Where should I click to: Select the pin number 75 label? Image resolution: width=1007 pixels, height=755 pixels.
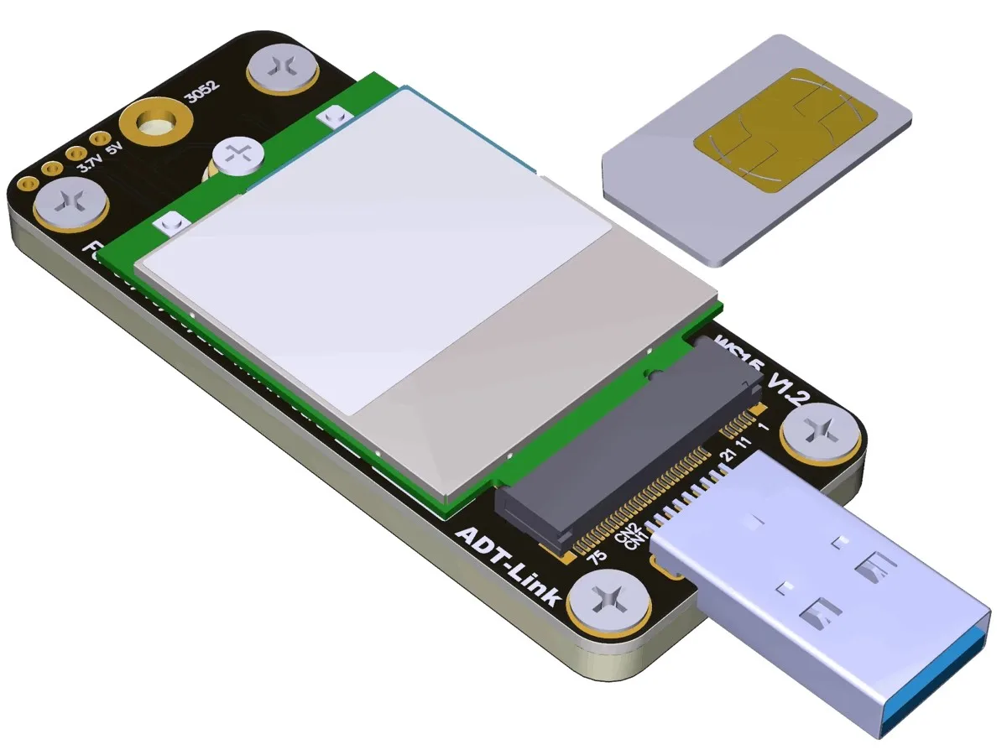[x=597, y=557]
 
